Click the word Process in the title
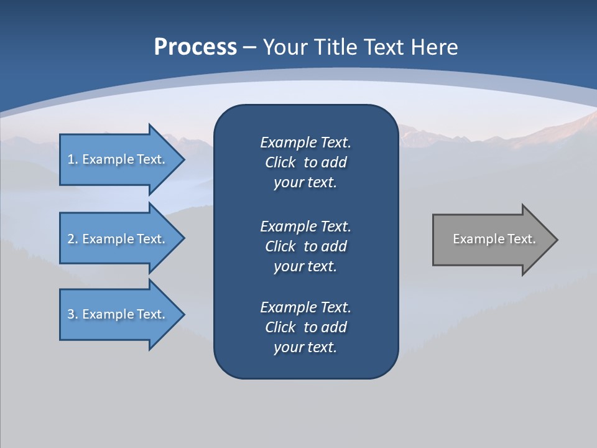[195, 47]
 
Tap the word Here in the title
[433, 47]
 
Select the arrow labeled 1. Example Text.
[118, 159]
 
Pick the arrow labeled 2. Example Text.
[118, 239]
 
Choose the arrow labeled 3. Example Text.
[118, 314]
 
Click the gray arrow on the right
[491, 240]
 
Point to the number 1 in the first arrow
[71, 159]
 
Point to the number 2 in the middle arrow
[71, 239]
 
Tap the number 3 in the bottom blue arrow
[71, 314]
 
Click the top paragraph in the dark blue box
[305, 162]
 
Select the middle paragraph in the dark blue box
[305, 246]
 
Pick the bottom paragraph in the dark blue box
[305, 327]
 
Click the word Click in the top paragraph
[280, 162]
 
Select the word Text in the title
[382, 47]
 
